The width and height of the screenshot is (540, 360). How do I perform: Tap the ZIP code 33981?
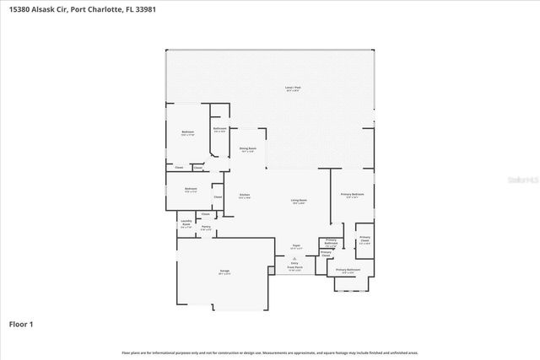[144, 9]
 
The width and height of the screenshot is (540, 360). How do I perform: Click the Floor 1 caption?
[21, 324]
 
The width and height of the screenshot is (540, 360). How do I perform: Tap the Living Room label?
[300, 201]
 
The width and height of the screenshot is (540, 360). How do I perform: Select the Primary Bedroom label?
[353, 195]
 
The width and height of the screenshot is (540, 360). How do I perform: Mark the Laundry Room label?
[186, 223]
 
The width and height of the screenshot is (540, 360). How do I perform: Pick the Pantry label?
[206, 227]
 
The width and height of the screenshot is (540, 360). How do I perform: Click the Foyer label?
[295, 246]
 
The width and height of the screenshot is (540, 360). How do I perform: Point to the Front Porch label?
[295, 267]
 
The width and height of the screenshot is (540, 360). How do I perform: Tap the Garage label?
[225, 271]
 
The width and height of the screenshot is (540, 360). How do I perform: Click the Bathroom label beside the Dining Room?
[219, 129]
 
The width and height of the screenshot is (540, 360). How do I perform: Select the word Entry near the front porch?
[295, 263]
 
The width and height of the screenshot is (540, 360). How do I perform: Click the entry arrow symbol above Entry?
[295, 258]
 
